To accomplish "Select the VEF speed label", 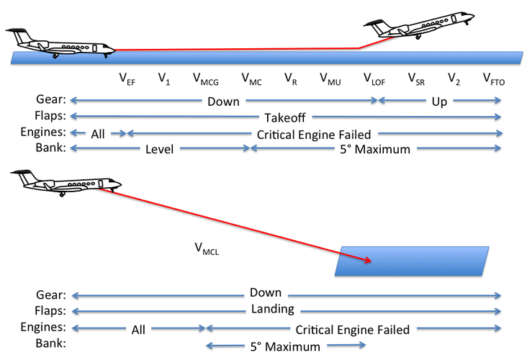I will pyautogui.click(x=127, y=79).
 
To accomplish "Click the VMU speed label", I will pyautogui.click(x=330, y=79).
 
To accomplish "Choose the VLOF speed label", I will pyautogui.click(x=374, y=79).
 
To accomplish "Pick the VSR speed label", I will pyautogui.click(x=416, y=79).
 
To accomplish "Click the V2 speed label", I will pyautogui.click(x=454, y=79).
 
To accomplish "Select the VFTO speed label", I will pyautogui.click(x=494, y=79).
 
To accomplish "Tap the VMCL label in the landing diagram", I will pyautogui.click(x=207, y=248).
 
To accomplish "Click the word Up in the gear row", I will pyautogui.click(x=439, y=102).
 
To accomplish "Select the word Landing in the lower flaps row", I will pyautogui.click(x=273, y=310).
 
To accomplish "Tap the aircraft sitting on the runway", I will pyautogui.click(x=60, y=43).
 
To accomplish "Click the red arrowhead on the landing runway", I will pyautogui.click(x=368, y=261).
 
